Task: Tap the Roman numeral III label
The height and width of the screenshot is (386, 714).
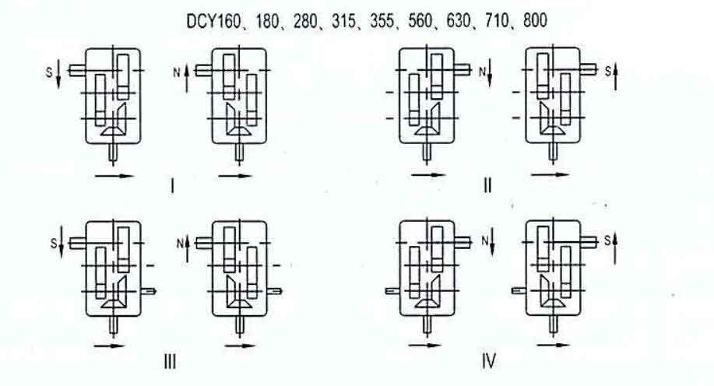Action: click(x=170, y=361)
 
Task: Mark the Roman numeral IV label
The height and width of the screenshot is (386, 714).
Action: click(x=488, y=361)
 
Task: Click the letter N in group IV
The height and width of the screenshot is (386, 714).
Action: click(x=482, y=244)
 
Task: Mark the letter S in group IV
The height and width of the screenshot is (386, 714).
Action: click(x=609, y=243)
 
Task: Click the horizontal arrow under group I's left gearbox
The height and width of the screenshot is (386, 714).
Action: click(x=114, y=176)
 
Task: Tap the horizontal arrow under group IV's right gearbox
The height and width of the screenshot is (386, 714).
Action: click(x=551, y=344)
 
